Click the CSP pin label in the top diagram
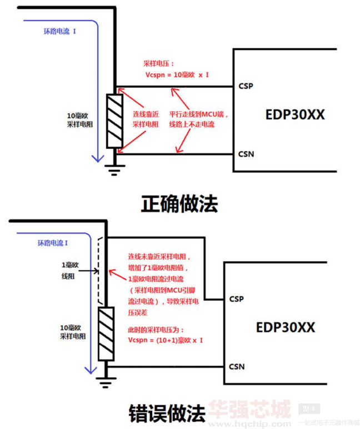246,86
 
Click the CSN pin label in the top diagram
246,154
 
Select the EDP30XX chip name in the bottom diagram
285,327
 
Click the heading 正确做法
179,203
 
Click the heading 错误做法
167,412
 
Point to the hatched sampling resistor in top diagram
114,120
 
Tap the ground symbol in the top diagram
114,169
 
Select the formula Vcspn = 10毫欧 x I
176,74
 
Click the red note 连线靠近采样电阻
147,119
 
